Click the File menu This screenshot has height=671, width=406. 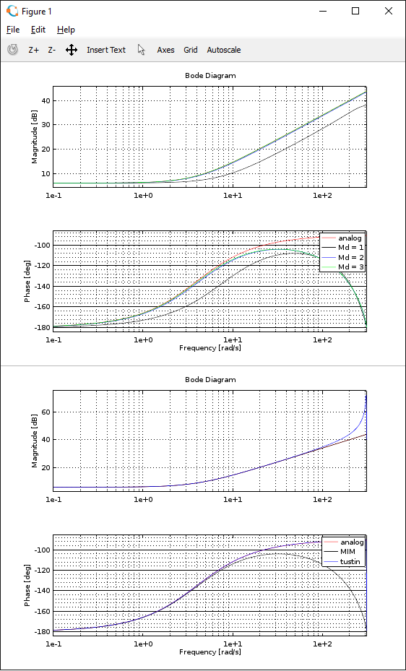13,30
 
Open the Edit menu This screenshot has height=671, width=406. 38,30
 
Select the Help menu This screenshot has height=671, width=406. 66,30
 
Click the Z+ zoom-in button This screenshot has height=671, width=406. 33,50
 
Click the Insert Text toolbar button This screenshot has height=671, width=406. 106,50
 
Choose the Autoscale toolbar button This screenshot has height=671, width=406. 224,50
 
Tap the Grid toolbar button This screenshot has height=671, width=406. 191,50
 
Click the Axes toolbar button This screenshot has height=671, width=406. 165,50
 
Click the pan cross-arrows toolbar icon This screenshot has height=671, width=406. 71,50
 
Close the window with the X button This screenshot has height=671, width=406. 389,11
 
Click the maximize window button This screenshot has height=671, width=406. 355,11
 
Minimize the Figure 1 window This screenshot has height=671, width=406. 322,11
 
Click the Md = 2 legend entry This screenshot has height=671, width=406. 350,257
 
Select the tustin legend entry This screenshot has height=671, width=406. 350,561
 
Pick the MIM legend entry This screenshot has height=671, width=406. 347,552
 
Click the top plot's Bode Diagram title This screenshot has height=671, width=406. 210,75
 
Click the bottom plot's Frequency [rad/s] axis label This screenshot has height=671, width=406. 210,651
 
